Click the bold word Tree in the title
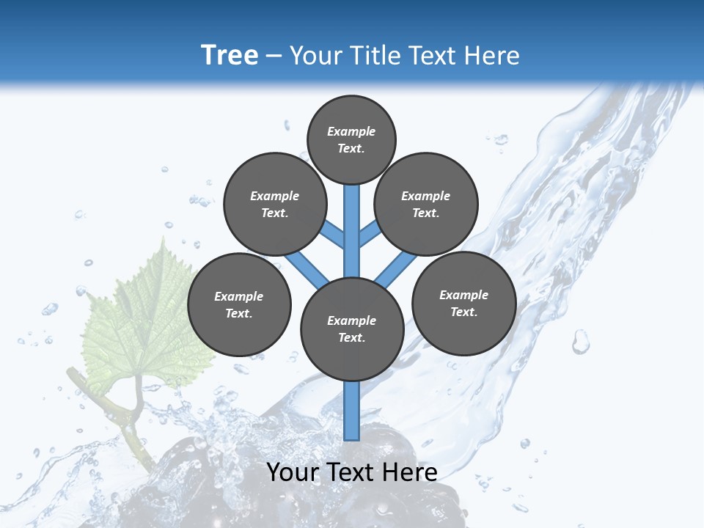click(x=230, y=56)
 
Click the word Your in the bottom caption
click(x=293, y=472)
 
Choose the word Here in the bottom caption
click(x=409, y=472)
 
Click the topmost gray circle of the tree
click(x=351, y=139)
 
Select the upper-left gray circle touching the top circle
click(x=275, y=204)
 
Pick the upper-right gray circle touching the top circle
click(x=426, y=204)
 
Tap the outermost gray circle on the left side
click(x=239, y=304)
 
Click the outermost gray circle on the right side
click(x=464, y=303)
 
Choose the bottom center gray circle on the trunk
click(x=352, y=329)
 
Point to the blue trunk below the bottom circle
click(x=352, y=411)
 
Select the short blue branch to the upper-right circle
click(x=370, y=234)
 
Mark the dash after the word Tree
click(x=274, y=56)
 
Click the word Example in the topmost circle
click(x=351, y=131)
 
